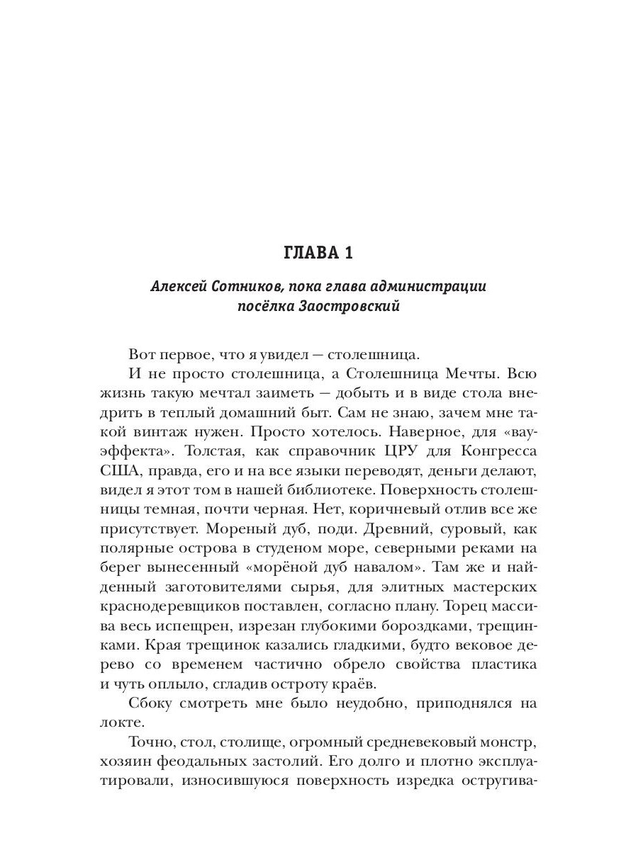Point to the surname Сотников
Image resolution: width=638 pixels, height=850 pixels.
[248, 287]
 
